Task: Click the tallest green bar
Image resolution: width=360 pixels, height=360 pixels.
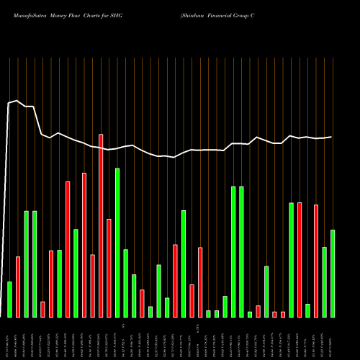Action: tap(117, 243)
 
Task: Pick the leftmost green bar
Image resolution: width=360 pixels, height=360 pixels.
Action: tap(9, 299)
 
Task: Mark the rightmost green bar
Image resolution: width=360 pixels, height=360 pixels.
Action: tap(333, 274)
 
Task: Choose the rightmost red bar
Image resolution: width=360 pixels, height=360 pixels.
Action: tap(316, 261)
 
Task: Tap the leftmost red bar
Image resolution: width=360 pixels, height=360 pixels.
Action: tap(18, 287)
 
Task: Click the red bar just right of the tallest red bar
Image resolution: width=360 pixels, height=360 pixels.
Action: tap(109, 268)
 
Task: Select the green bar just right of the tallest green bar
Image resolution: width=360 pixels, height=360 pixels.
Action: tap(125, 283)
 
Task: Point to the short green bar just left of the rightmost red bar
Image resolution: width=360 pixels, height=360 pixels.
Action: tap(307, 310)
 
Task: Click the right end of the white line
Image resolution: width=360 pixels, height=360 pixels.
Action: tap(332, 137)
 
